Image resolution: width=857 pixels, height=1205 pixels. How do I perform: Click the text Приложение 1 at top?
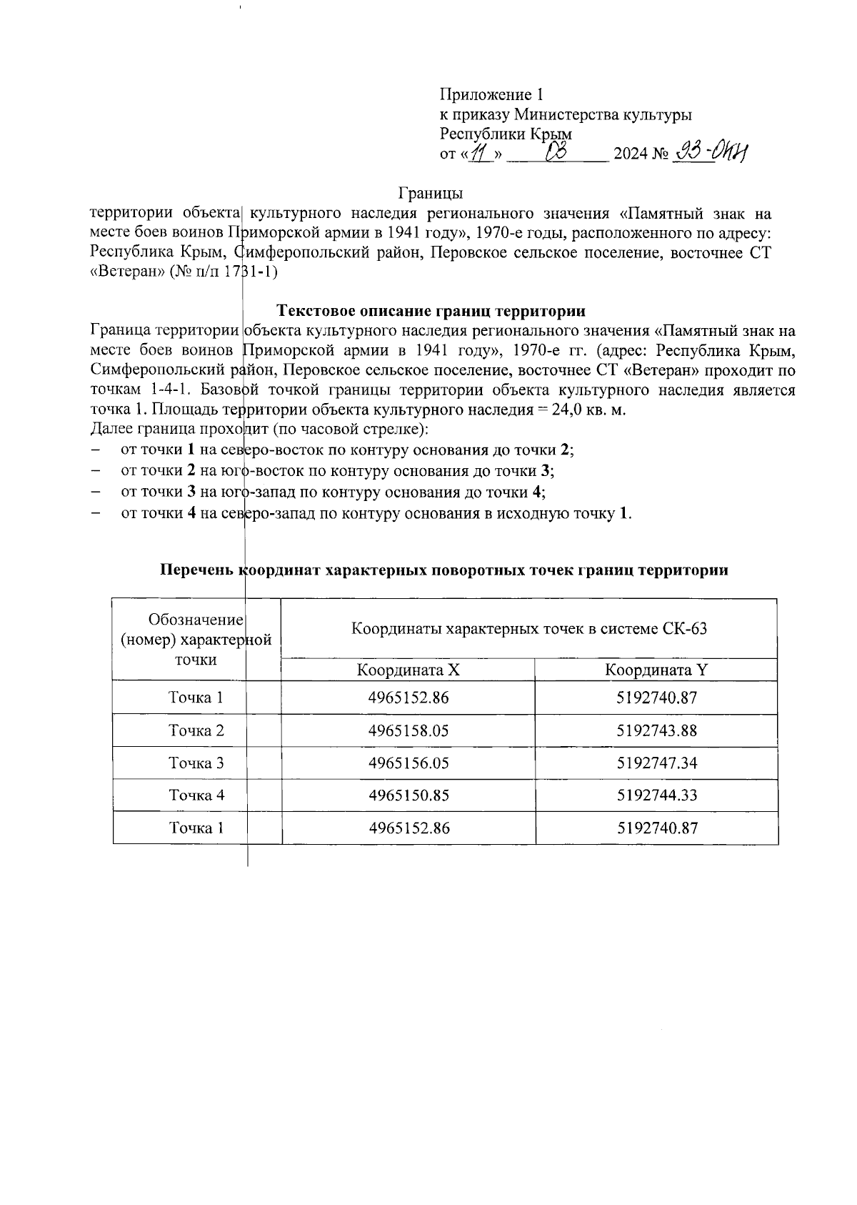point(492,94)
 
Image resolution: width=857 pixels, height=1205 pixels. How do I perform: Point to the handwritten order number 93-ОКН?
point(710,152)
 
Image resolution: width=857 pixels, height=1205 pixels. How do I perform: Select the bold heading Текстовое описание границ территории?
point(431,311)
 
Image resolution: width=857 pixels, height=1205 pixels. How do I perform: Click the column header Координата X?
point(408,670)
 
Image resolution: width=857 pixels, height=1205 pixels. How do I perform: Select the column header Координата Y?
point(656,670)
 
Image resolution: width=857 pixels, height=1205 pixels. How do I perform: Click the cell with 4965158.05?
point(409,731)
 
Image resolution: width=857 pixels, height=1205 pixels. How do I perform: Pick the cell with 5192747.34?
point(656,763)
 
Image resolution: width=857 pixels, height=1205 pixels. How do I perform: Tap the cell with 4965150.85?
point(409,795)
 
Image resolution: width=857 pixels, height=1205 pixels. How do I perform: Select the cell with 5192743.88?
point(656,731)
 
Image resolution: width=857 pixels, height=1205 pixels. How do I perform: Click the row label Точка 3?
point(196,763)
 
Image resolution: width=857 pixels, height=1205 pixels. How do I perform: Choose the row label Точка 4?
point(196,795)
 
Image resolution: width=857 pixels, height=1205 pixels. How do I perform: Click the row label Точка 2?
point(196,731)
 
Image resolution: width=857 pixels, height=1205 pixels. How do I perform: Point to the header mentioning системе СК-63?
point(528,629)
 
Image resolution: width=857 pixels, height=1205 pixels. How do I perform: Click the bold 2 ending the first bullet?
point(566,450)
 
